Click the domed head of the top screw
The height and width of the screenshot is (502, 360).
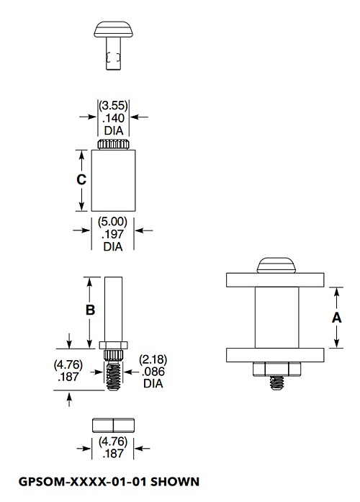[x=113, y=30]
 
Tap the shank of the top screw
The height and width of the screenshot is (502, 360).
[x=113, y=58]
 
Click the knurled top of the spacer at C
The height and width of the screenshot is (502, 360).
[x=113, y=145]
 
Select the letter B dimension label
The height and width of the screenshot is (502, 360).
[x=90, y=310]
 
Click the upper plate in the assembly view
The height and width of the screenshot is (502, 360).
[x=276, y=279]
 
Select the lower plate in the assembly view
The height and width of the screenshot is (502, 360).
[x=276, y=356]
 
